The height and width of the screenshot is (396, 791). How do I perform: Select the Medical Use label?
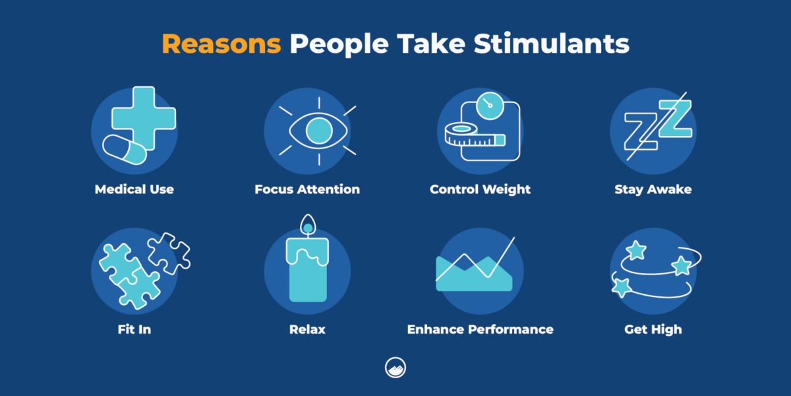134,189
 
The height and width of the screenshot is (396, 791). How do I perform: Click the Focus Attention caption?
307,189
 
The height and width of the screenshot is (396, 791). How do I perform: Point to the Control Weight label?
480,189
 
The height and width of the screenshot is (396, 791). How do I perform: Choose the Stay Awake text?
653,189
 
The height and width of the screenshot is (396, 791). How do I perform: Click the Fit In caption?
134,329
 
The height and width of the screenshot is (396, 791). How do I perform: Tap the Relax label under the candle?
307,329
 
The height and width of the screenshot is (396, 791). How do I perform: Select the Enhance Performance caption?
480,329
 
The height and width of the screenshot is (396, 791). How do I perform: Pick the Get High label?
653,329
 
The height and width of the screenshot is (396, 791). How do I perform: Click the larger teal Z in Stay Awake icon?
674,120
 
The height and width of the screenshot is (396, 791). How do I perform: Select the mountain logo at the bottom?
395,368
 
